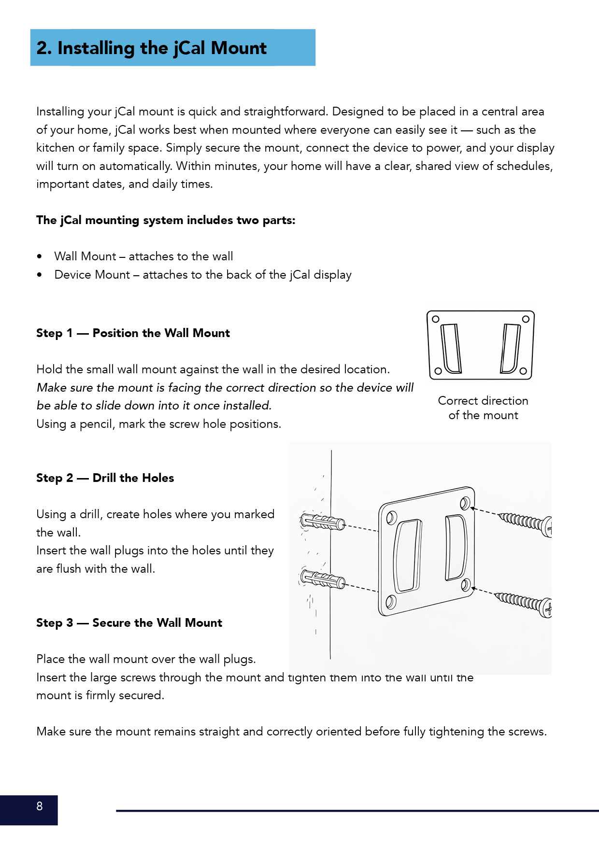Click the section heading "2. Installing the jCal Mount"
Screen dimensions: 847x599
(x=152, y=48)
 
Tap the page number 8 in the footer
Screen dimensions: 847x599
(x=40, y=806)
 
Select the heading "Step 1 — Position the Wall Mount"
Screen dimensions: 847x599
(x=133, y=333)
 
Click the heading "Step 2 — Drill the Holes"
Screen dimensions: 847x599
(x=105, y=478)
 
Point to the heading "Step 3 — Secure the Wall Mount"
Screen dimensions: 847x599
(x=129, y=623)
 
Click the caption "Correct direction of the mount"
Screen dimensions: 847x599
(x=483, y=408)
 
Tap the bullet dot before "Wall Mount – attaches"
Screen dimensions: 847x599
(x=40, y=257)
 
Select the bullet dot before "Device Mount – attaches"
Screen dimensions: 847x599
(x=40, y=275)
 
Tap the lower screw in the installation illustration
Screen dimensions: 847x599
(x=524, y=603)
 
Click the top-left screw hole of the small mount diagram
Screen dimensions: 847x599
(x=436, y=319)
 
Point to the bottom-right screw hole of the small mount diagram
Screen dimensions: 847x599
(x=523, y=371)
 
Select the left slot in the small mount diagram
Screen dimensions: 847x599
(x=451, y=348)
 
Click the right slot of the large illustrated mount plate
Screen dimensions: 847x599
(x=456, y=547)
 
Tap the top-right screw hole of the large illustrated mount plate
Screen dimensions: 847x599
(x=465, y=503)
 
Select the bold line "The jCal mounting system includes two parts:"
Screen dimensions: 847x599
(x=166, y=221)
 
